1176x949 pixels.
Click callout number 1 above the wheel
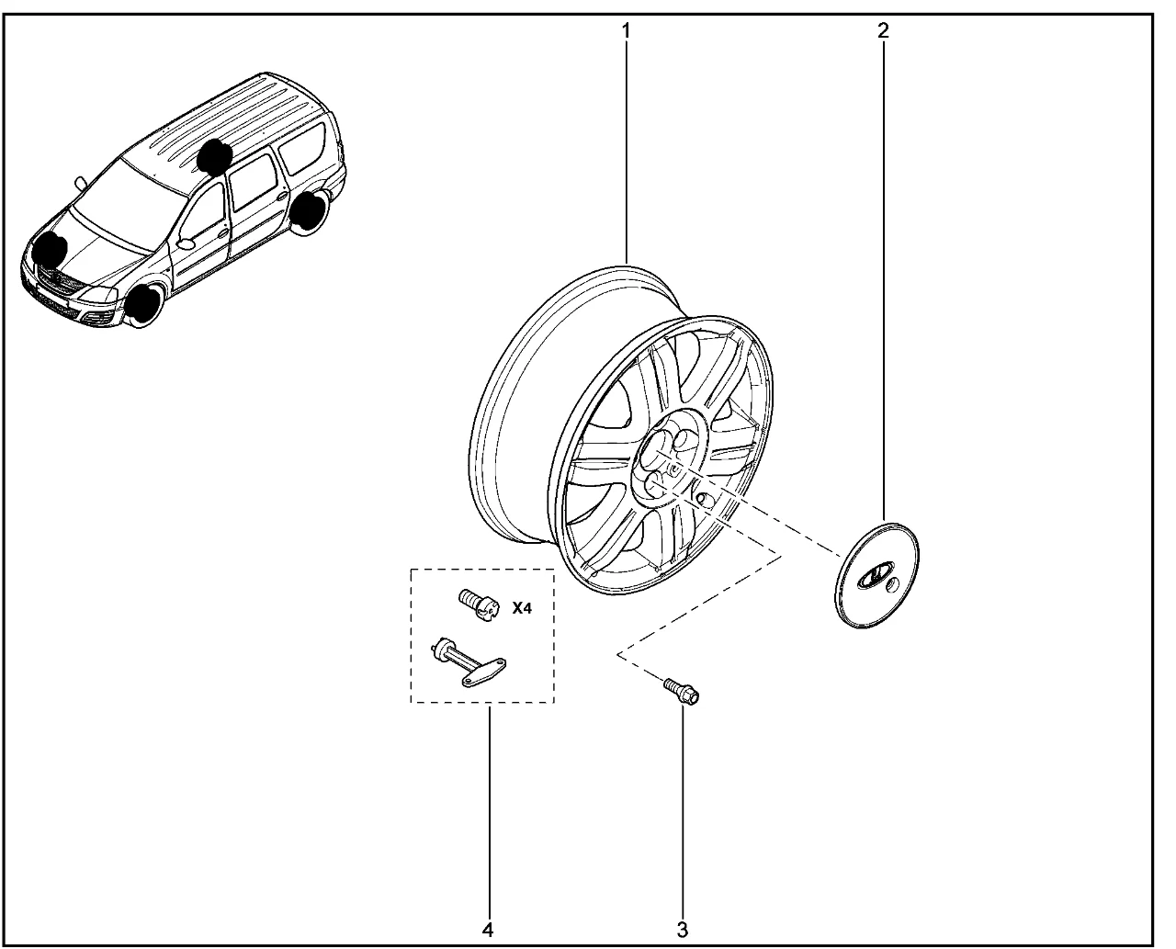[x=626, y=31]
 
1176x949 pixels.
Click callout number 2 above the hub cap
[x=884, y=31]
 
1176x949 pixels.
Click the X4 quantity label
[x=522, y=608]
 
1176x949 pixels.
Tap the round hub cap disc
[x=876, y=575]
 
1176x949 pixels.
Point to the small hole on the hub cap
[x=892, y=584]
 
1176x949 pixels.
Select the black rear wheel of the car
[x=308, y=211]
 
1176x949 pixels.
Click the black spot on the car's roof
[x=214, y=155]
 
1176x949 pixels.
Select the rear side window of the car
[x=301, y=149]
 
